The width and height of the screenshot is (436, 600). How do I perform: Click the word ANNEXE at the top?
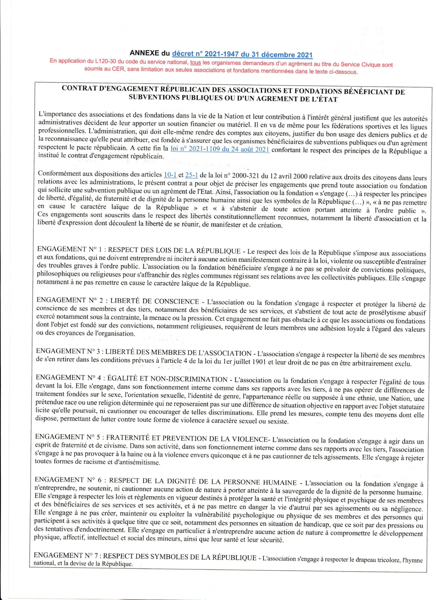144,53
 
